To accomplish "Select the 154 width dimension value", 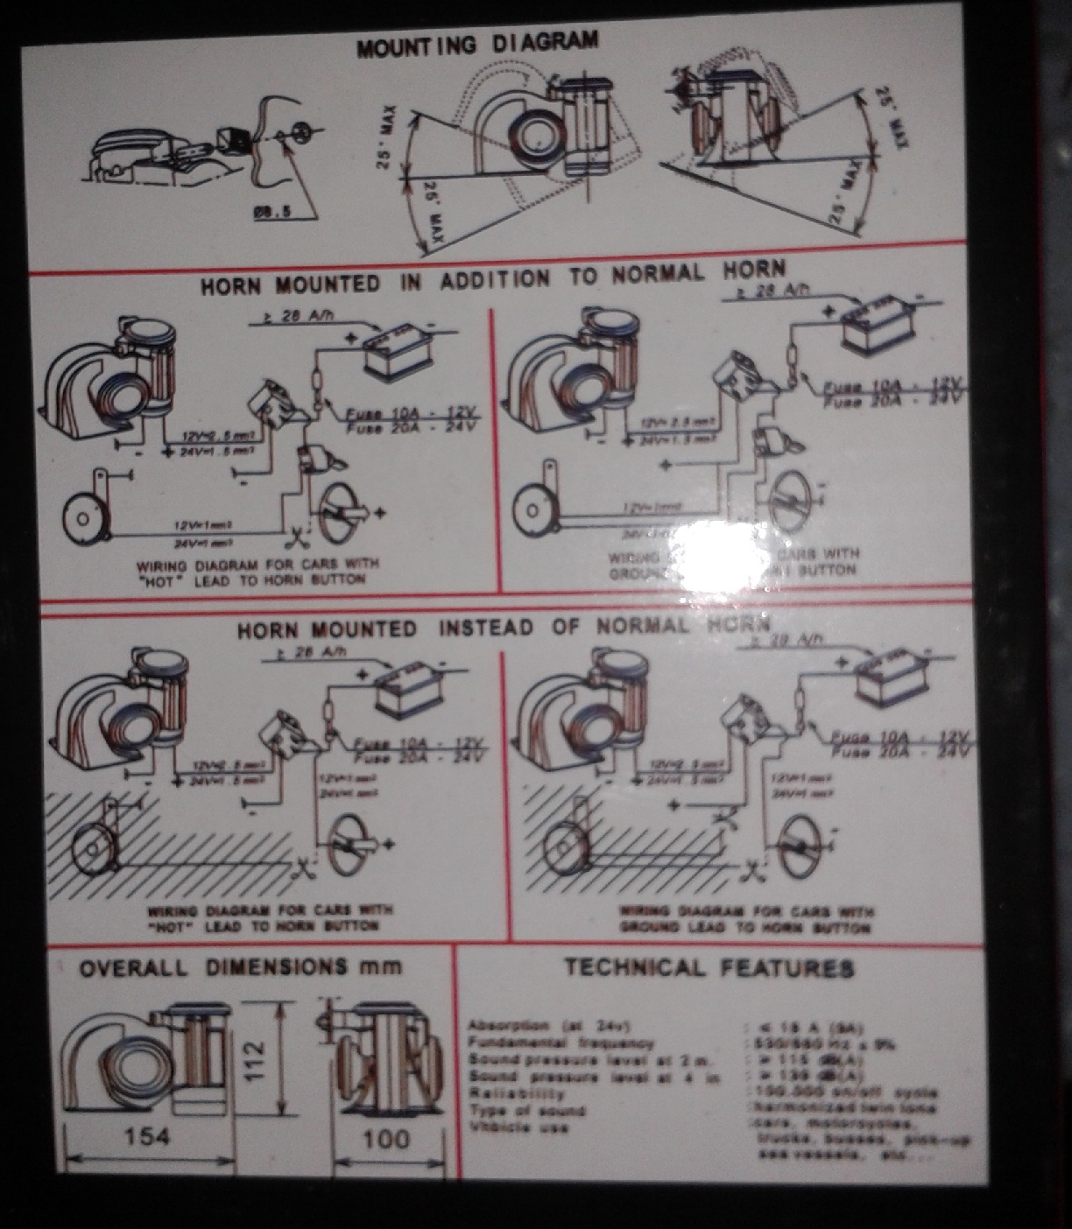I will coord(148,1136).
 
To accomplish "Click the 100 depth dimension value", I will coord(385,1138).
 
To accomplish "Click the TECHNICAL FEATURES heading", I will coord(709,968).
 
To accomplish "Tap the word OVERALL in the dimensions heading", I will coord(133,968).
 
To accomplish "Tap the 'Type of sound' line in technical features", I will coord(526,1111).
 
